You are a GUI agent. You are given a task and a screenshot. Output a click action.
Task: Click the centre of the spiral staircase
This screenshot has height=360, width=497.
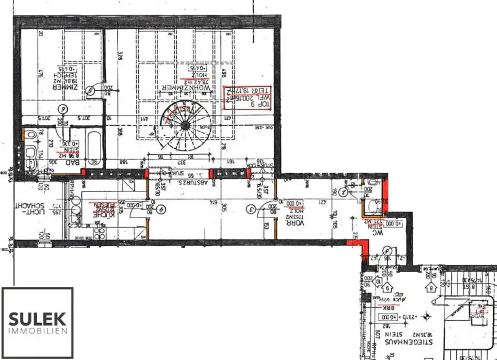point(185,125)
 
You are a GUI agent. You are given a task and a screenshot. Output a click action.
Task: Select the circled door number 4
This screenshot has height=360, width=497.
point(161,209)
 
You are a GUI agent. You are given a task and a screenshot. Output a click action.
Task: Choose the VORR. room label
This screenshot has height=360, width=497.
point(295,221)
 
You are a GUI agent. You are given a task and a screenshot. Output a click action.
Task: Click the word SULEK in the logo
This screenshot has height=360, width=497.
point(38,319)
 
